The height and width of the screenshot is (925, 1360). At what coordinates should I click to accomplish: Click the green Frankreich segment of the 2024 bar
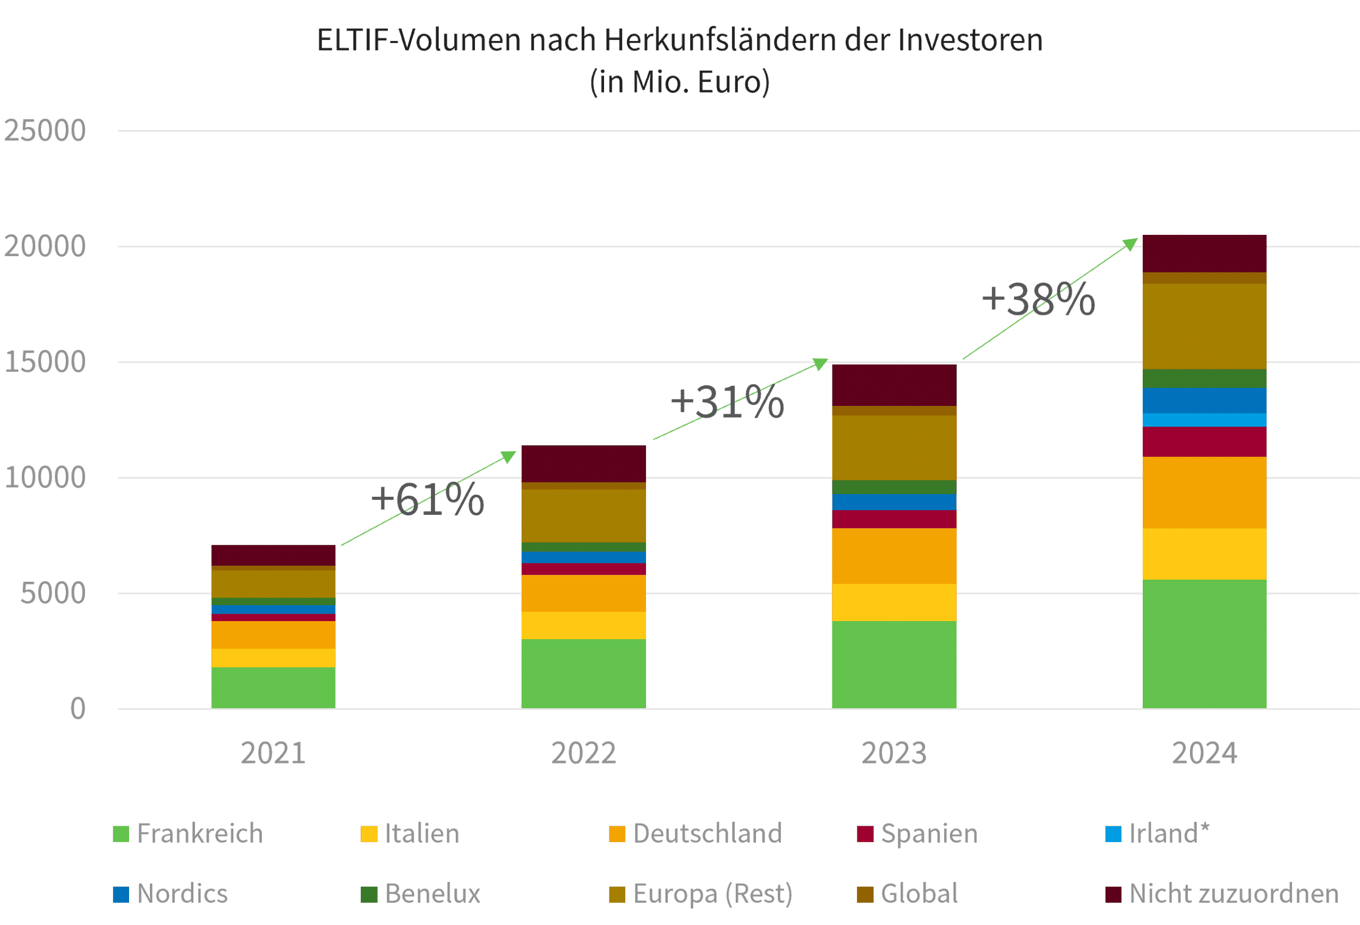point(1204,643)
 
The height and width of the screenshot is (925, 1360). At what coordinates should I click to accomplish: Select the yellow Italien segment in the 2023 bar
point(894,602)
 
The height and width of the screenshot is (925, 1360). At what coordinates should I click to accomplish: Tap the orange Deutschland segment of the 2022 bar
point(583,593)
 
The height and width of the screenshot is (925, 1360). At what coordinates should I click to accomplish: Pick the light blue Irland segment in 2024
point(1204,420)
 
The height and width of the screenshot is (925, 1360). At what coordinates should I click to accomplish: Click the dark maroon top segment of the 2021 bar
point(273,555)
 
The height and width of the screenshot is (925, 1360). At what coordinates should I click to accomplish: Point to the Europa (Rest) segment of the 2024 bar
point(1204,326)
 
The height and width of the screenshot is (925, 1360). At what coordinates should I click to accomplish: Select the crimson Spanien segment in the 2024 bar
point(1204,442)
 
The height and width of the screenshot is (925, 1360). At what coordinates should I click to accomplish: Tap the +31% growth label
point(727,402)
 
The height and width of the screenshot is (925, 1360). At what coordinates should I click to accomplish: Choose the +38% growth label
point(1038,299)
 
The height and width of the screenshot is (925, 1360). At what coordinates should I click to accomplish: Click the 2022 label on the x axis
point(583,753)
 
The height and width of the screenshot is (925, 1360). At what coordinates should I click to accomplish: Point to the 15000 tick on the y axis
point(45,362)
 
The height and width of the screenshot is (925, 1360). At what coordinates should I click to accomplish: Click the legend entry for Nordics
point(171,894)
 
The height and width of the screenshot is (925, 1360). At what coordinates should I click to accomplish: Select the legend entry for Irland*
point(1157,833)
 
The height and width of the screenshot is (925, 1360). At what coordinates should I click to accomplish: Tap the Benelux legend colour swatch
point(369,895)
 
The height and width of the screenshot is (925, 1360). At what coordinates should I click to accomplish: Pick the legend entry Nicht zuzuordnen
point(1222,894)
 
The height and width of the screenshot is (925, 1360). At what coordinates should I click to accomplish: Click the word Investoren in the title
point(970,40)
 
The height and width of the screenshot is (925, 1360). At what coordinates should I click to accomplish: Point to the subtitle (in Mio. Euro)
point(679,82)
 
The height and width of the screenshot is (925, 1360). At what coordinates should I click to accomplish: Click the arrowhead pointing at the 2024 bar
point(1130,243)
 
